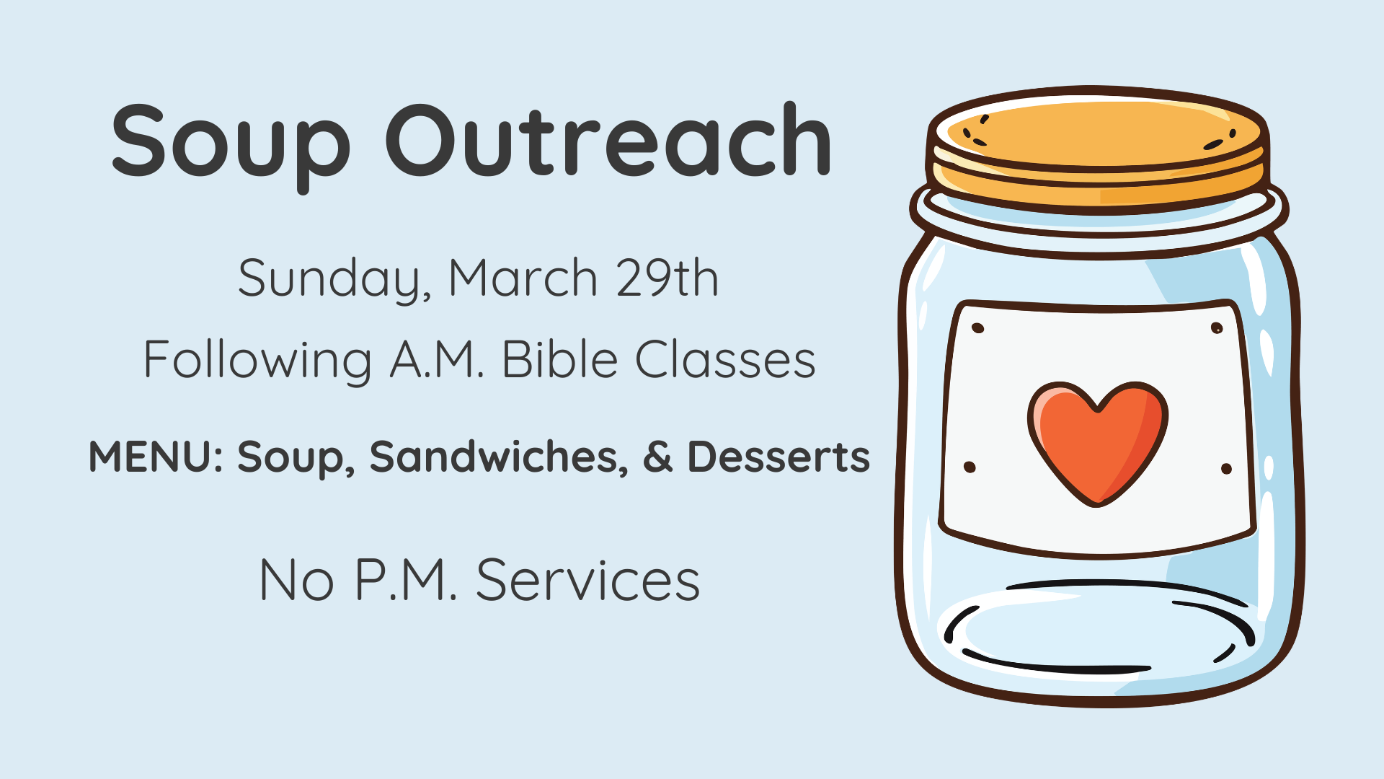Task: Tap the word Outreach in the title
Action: tap(609, 141)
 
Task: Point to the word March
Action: tap(523, 278)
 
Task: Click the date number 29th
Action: tap(667, 278)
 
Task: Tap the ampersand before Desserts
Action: tap(657, 457)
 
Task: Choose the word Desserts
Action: tap(778, 457)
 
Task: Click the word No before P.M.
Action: tap(296, 580)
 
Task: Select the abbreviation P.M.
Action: tap(407, 580)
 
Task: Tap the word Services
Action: tap(588, 580)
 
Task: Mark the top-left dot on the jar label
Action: tap(978, 328)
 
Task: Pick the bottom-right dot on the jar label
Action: tap(1226, 469)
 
